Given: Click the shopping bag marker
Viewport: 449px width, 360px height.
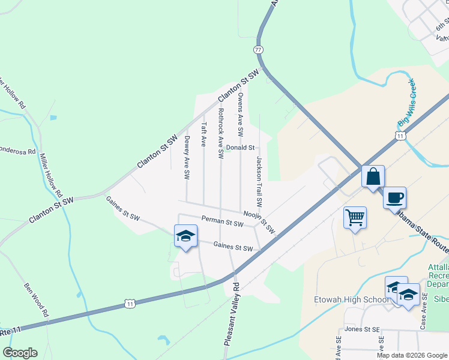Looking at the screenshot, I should pyautogui.click(x=373, y=178).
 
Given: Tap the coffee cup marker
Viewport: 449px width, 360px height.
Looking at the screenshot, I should pyautogui.click(x=394, y=199).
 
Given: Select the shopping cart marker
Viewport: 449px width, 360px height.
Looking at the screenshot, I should pyautogui.click(x=355, y=218).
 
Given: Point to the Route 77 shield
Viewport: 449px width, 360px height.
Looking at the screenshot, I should pyautogui.click(x=258, y=50).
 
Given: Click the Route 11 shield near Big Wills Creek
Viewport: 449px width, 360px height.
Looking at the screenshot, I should pyautogui.click(x=400, y=137).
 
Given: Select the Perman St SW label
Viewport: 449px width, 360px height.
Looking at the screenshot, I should pyautogui.click(x=222, y=223).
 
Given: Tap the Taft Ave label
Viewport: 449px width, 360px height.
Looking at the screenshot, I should pyautogui.click(x=204, y=134).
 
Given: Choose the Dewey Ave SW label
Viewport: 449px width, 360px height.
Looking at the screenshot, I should pyautogui.click(x=187, y=158).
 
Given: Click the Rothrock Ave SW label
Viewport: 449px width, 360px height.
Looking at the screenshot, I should pyautogui.click(x=221, y=133).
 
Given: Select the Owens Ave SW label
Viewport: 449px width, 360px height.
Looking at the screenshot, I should pyautogui.click(x=240, y=113).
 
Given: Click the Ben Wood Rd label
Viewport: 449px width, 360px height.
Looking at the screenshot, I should pyautogui.click(x=35, y=299).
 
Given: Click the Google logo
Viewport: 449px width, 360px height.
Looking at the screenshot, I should pyautogui.click(x=20, y=353).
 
